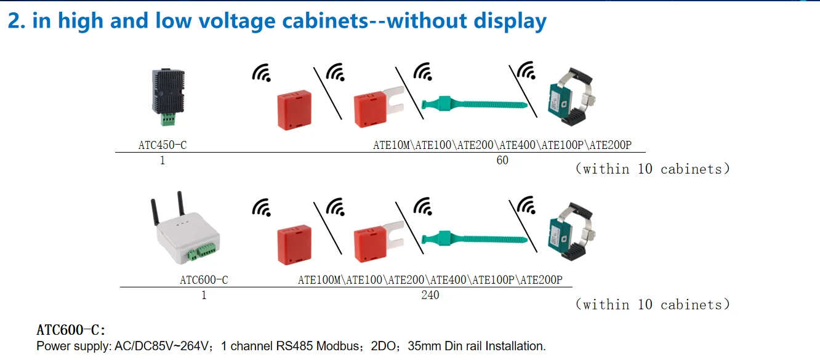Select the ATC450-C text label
tap(163, 146)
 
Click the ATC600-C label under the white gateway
tap(204, 280)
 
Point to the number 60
tap(502, 161)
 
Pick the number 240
tap(430, 295)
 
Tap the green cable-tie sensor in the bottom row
tap(474, 238)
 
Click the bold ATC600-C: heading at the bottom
tap(71, 330)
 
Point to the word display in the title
tap(510, 22)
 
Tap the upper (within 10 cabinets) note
tap(653, 169)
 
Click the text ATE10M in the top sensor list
tap(392, 146)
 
